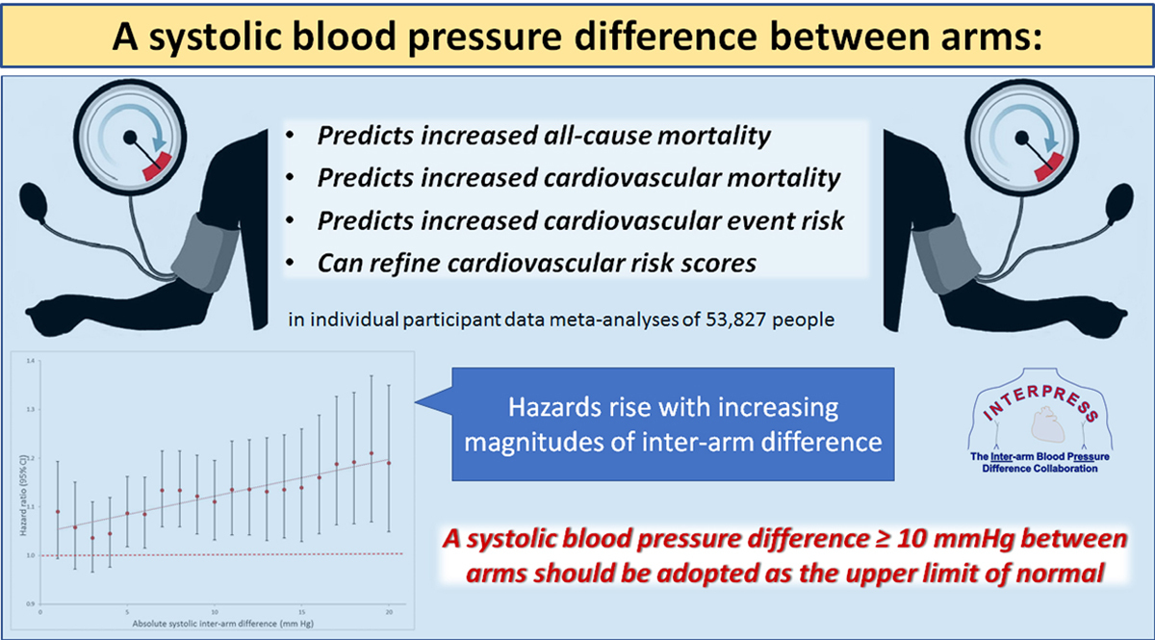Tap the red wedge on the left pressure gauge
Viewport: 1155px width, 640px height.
tap(160, 165)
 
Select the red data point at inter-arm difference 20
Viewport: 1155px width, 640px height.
tap(389, 463)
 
